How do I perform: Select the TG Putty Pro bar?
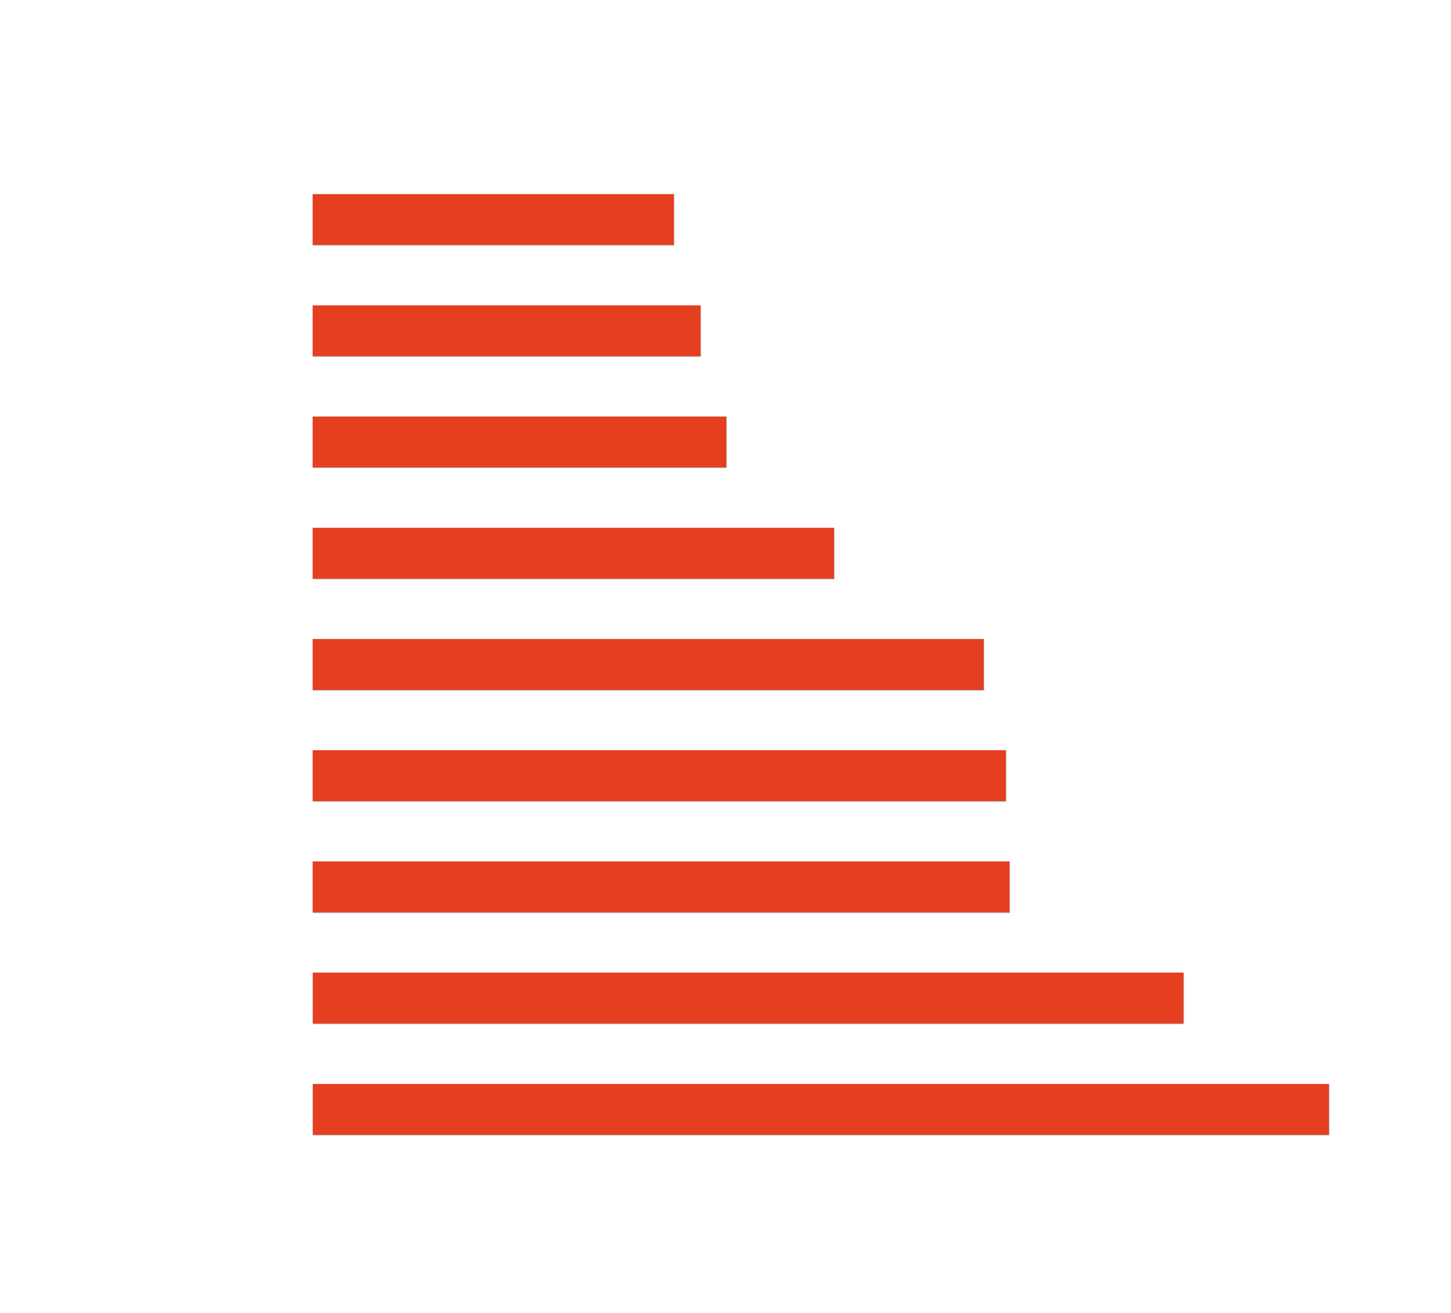[x=506, y=331]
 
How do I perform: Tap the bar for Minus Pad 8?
[x=820, y=1109]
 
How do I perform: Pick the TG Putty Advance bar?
[x=573, y=553]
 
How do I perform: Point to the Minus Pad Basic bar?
[x=748, y=998]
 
